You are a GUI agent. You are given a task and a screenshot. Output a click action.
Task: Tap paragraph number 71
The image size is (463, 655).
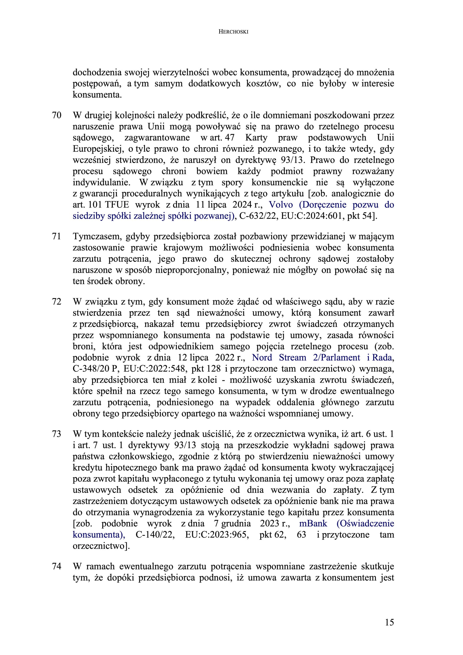56,237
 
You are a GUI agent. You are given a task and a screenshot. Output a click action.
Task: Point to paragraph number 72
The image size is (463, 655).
56,302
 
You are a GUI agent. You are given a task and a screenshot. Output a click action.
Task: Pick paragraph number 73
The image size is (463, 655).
56,434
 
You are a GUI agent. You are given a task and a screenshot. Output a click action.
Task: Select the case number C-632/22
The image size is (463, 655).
259,216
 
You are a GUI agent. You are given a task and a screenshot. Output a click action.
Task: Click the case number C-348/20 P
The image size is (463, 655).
95,369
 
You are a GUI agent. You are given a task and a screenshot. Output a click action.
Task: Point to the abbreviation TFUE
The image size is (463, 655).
117,205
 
